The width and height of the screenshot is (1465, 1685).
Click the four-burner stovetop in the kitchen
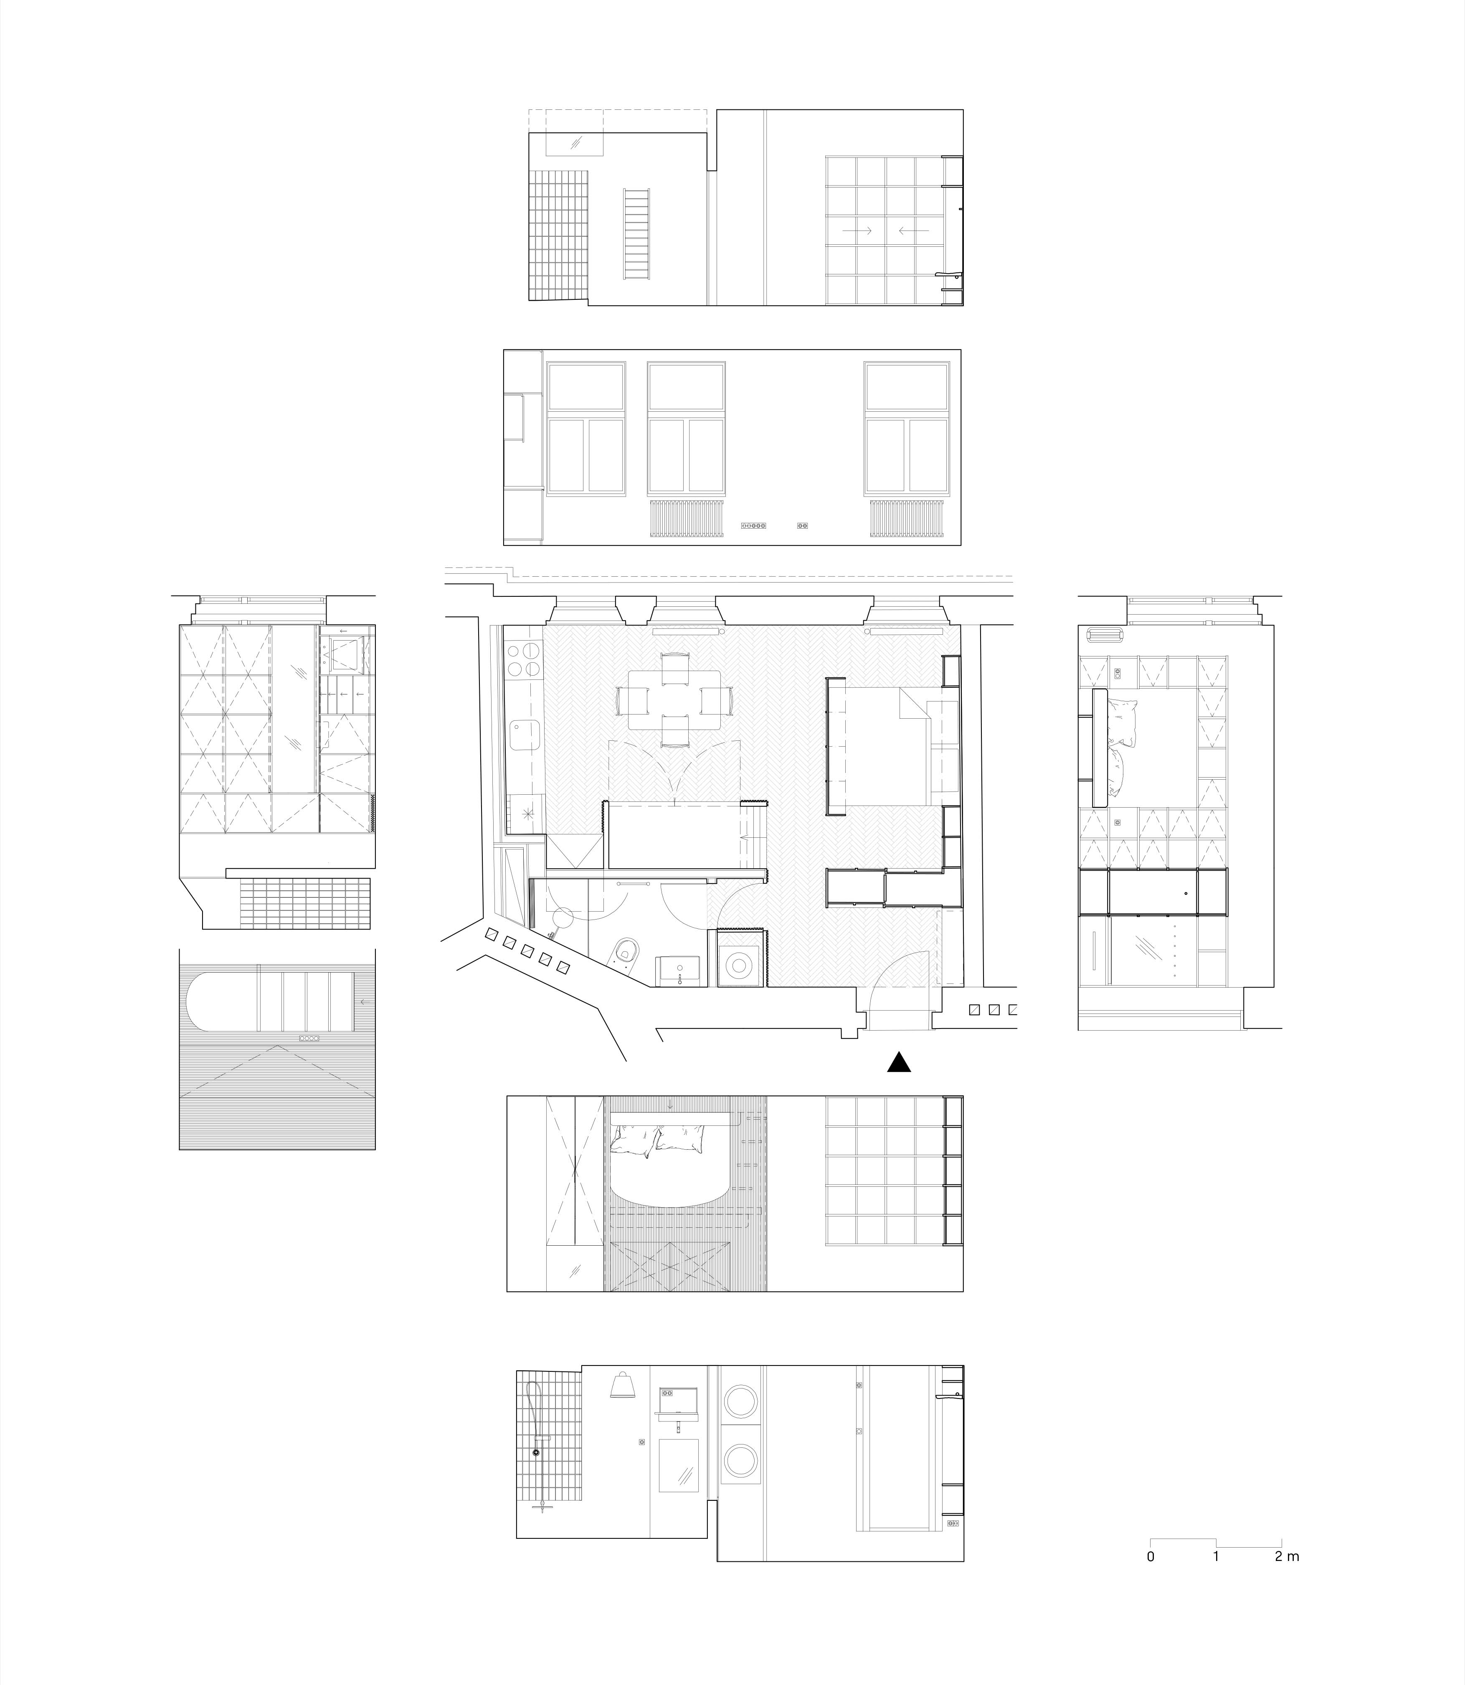(524, 661)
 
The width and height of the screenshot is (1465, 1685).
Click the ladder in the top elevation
(638, 233)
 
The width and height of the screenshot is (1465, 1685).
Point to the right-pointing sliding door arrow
(858, 231)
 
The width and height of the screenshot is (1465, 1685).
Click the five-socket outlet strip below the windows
(753, 526)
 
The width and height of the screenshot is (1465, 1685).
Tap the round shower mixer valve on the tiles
(536, 1452)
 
